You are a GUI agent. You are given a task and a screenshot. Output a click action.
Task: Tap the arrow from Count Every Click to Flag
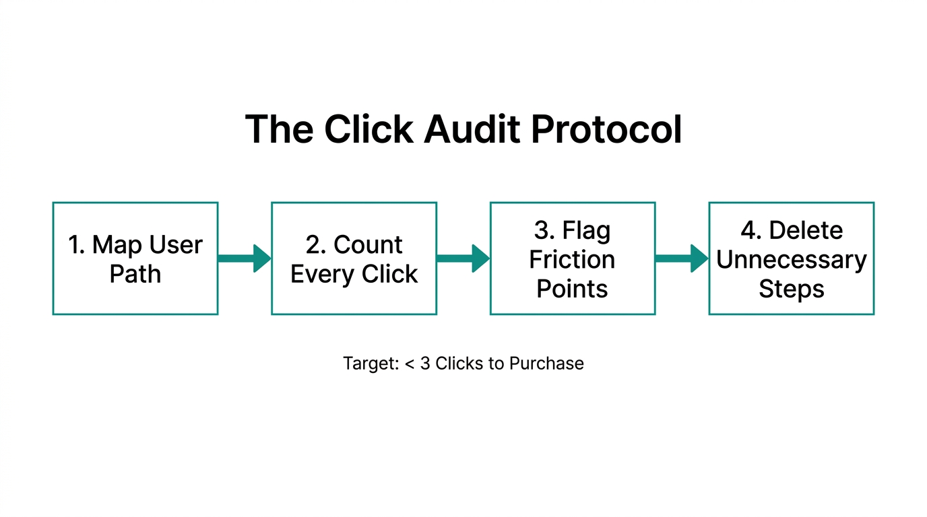click(463, 258)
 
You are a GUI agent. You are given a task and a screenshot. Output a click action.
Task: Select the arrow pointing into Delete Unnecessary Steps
click(681, 258)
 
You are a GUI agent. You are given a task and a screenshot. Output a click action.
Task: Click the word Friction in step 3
click(572, 259)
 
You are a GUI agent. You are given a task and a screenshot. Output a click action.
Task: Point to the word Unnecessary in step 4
click(791, 259)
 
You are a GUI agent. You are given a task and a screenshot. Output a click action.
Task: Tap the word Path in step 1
click(135, 274)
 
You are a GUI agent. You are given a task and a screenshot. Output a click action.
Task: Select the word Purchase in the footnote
click(546, 364)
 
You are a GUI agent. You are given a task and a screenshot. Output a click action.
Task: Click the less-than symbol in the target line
click(410, 364)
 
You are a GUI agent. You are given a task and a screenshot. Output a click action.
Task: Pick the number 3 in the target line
click(425, 364)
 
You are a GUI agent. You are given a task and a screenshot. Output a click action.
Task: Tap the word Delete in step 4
click(806, 230)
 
